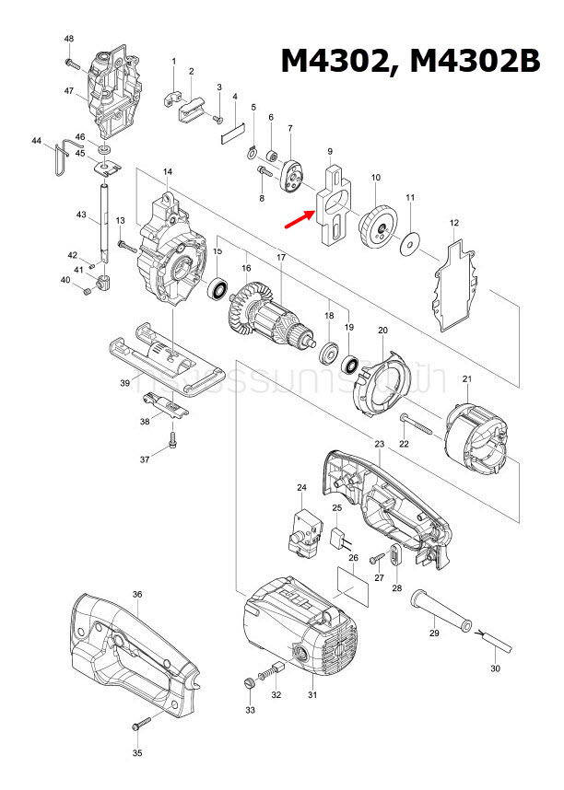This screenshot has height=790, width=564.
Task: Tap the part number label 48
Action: pyautogui.click(x=69, y=38)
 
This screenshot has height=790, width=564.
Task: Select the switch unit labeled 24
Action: pyautogui.click(x=304, y=531)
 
